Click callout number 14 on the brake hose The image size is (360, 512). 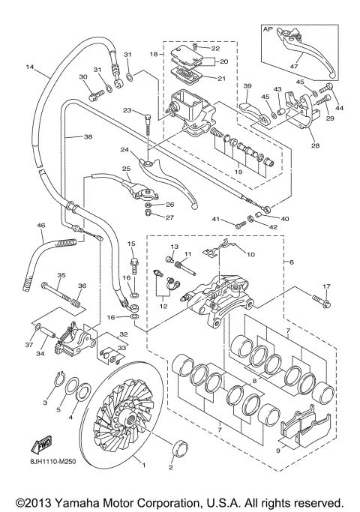click(x=31, y=67)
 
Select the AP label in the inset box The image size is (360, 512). click(x=266, y=29)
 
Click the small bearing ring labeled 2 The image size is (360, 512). click(x=180, y=450)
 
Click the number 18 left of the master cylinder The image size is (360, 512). click(x=151, y=55)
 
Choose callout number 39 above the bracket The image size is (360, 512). click(x=247, y=86)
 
